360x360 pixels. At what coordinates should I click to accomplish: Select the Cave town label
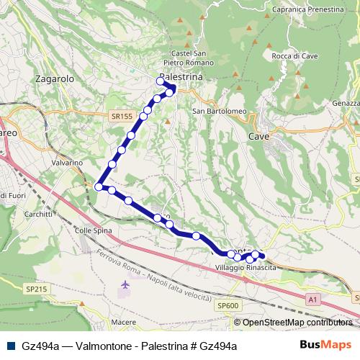pyautogui.click(x=258, y=135)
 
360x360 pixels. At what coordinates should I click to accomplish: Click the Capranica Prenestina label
pyautogui.click(x=307, y=10)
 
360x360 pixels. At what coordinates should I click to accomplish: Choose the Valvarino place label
pyautogui.click(x=68, y=163)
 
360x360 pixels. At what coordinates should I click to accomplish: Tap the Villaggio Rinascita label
pyautogui.click(x=246, y=267)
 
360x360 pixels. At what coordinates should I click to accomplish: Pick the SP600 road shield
pyautogui.click(x=227, y=306)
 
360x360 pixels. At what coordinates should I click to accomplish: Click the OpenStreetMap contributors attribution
pyautogui.click(x=297, y=323)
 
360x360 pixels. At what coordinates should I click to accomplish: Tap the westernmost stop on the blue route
pyautogui.click(x=99, y=186)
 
